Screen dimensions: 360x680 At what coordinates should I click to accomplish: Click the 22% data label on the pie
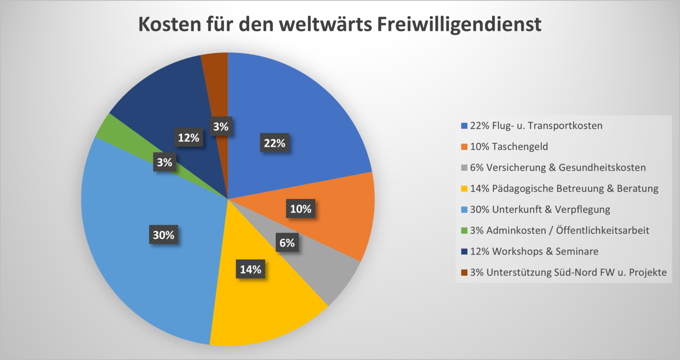275,143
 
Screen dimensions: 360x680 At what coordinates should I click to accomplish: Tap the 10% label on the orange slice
300,209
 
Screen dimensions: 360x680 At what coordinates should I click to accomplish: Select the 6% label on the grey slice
287,243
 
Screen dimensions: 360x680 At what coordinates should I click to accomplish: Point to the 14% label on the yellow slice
250,269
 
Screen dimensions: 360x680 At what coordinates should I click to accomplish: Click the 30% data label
164,235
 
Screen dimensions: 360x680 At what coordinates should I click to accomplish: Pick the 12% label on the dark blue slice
188,137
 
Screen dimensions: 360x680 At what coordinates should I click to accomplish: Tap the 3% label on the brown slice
221,126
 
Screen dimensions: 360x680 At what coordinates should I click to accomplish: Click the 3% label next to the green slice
164,162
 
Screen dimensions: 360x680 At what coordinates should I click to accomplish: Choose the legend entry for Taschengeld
509,147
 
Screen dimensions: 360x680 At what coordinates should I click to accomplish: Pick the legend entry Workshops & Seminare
534,252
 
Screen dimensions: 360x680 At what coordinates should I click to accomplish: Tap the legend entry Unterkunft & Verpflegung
540,210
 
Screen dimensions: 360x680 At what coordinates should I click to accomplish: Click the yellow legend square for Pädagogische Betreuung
464,189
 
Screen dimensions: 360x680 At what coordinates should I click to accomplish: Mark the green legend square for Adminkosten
464,231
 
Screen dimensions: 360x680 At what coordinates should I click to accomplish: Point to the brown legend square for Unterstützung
464,272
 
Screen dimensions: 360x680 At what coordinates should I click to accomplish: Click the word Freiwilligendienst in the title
459,24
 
